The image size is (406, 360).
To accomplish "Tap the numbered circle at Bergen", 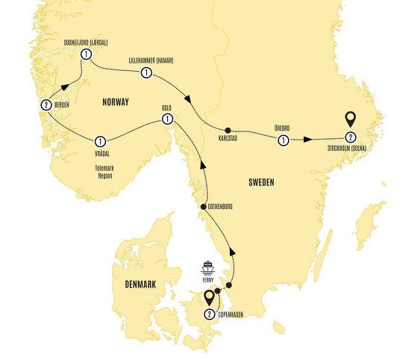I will (x=46, y=105).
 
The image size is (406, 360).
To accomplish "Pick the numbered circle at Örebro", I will (x=284, y=139).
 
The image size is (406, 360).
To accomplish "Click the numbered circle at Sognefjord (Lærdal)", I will (x=87, y=55).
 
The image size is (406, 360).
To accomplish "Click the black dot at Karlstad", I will (x=228, y=129).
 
